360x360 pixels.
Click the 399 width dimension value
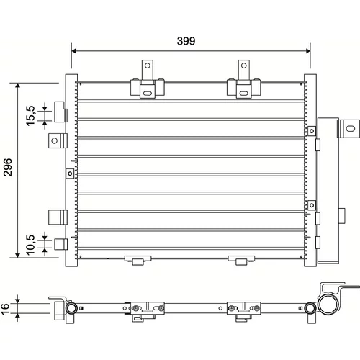pyautogui.click(x=186, y=41)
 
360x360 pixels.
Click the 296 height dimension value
pyautogui.click(x=8, y=167)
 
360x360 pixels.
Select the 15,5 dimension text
pyautogui.click(x=31, y=116)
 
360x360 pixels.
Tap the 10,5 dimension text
pyautogui.click(x=31, y=245)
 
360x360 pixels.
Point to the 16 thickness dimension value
pyautogui.click(x=5, y=309)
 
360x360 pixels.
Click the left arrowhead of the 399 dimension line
pyautogui.click(x=73, y=51)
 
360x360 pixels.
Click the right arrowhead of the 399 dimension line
pyautogui.click(x=308, y=51)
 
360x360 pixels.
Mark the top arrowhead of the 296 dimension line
pyautogui.click(x=17, y=86)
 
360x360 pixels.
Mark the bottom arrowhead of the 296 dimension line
pyautogui.click(x=17, y=255)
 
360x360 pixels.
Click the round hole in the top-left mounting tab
pyautogui.click(x=148, y=66)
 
